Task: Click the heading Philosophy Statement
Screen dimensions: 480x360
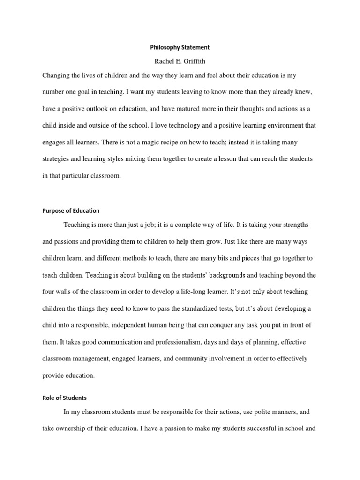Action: point(180,47)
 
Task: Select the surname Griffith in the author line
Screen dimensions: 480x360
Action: point(193,61)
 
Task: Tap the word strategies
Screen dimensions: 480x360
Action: point(58,159)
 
